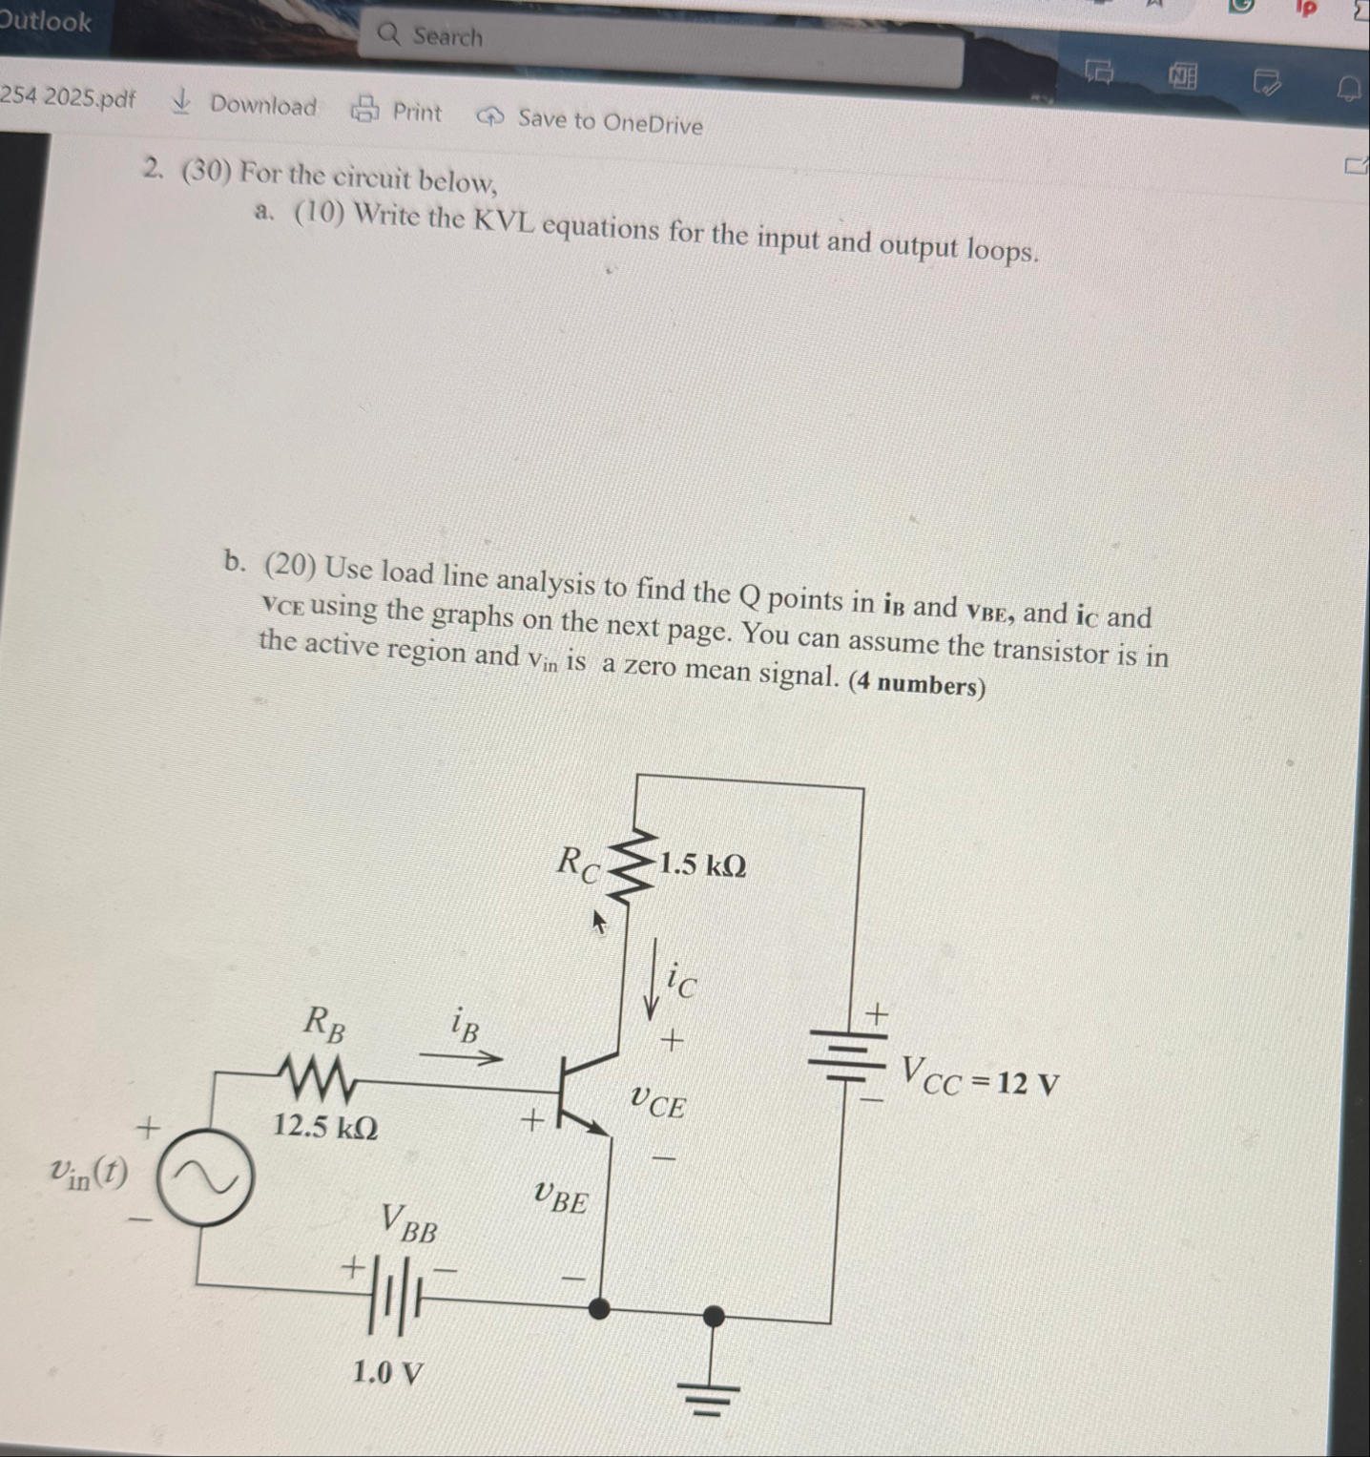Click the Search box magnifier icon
coord(388,34)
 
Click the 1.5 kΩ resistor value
coord(702,864)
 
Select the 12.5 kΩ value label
coord(325,1127)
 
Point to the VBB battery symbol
coord(398,1295)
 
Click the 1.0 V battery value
coord(387,1373)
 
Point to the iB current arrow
coord(461,1056)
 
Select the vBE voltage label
coord(561,1197)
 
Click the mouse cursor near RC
coord(599,921)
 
